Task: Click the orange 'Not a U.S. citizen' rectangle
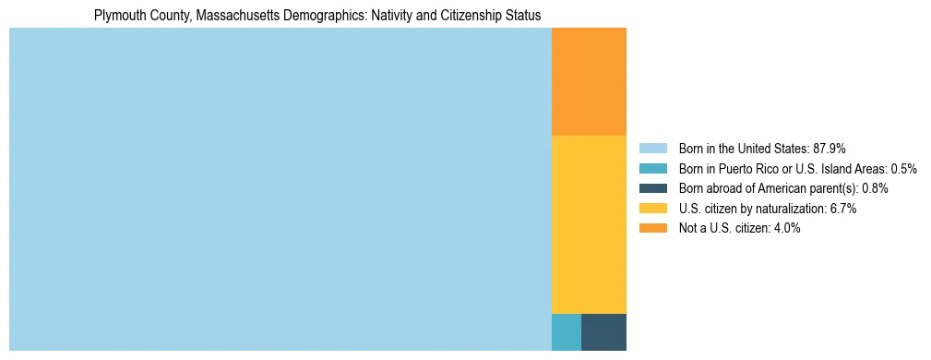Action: (589, 81)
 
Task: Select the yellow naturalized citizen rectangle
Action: (589, 224)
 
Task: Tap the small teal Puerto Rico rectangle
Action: (566, 332)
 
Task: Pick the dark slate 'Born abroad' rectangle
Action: (603, 332)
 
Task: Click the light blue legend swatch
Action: (652, 149)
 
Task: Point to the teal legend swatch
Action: (652, 169)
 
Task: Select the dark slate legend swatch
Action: (652, 188)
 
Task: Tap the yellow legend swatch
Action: (652, 209)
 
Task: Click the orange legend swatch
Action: (652, 228)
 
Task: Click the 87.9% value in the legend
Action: (828, 149)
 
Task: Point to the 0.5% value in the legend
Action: (903, 169)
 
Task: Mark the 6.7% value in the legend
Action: (843, 209)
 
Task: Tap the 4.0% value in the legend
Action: (786, 228)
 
